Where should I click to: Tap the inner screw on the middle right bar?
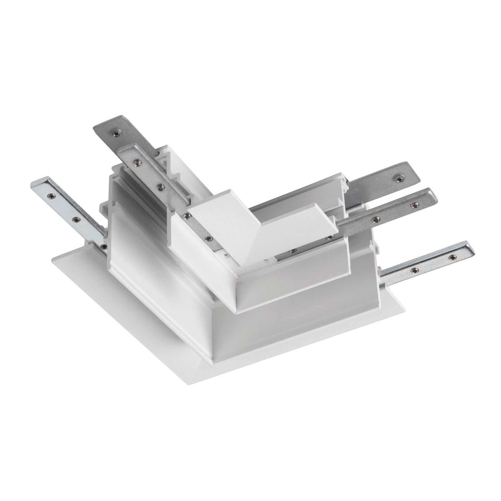pos(376,219)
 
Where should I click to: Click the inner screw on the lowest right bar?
pos(413,269)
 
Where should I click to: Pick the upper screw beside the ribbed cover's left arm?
pos(187,216)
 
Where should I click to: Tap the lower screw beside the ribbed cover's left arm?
pos(209,238)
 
